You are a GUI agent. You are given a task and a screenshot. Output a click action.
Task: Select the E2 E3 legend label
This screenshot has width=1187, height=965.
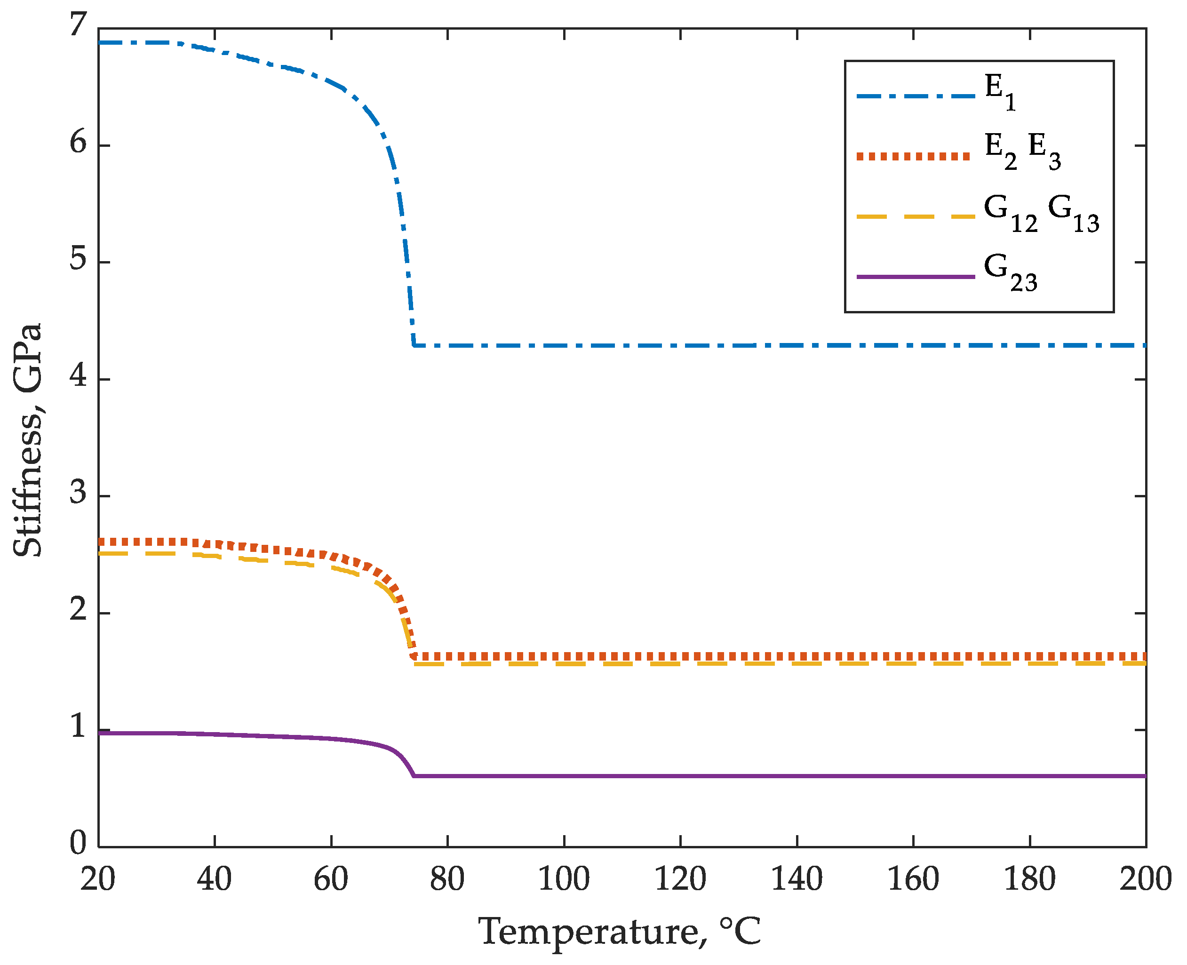coord(1022,151)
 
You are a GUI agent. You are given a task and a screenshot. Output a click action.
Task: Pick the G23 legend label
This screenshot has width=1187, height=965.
coord(1010,272)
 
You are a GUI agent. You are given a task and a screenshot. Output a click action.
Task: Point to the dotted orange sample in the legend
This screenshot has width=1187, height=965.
coord(913,156)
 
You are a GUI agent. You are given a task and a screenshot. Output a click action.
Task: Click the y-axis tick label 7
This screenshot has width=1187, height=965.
coord(78,25)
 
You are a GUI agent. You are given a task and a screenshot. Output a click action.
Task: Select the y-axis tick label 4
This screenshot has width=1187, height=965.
coord(78,376)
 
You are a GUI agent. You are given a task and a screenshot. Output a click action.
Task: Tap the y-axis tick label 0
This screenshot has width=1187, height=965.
coord(78,843)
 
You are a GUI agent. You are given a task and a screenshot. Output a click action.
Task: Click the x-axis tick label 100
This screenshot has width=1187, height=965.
coord(564,879)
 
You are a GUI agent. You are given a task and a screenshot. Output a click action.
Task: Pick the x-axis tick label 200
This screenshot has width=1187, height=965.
coord(1145,879)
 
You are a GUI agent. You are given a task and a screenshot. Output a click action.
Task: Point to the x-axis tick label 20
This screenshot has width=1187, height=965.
coord(98,879)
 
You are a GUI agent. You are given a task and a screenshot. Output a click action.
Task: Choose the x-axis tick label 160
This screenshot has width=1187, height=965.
coord(913,879)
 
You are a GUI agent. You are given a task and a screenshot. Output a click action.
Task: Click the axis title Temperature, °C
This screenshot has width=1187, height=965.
coord(619,932)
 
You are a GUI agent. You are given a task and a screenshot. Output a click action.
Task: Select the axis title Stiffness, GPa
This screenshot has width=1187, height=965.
coord(28,439)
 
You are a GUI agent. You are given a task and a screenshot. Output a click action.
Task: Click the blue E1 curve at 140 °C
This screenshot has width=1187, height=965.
coord(797,345)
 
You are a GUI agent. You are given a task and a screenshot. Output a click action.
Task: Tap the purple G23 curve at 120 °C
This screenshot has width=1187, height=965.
coord(680,775)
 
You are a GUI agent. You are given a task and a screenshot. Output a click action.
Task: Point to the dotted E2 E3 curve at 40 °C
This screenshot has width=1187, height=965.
coord(215,543)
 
